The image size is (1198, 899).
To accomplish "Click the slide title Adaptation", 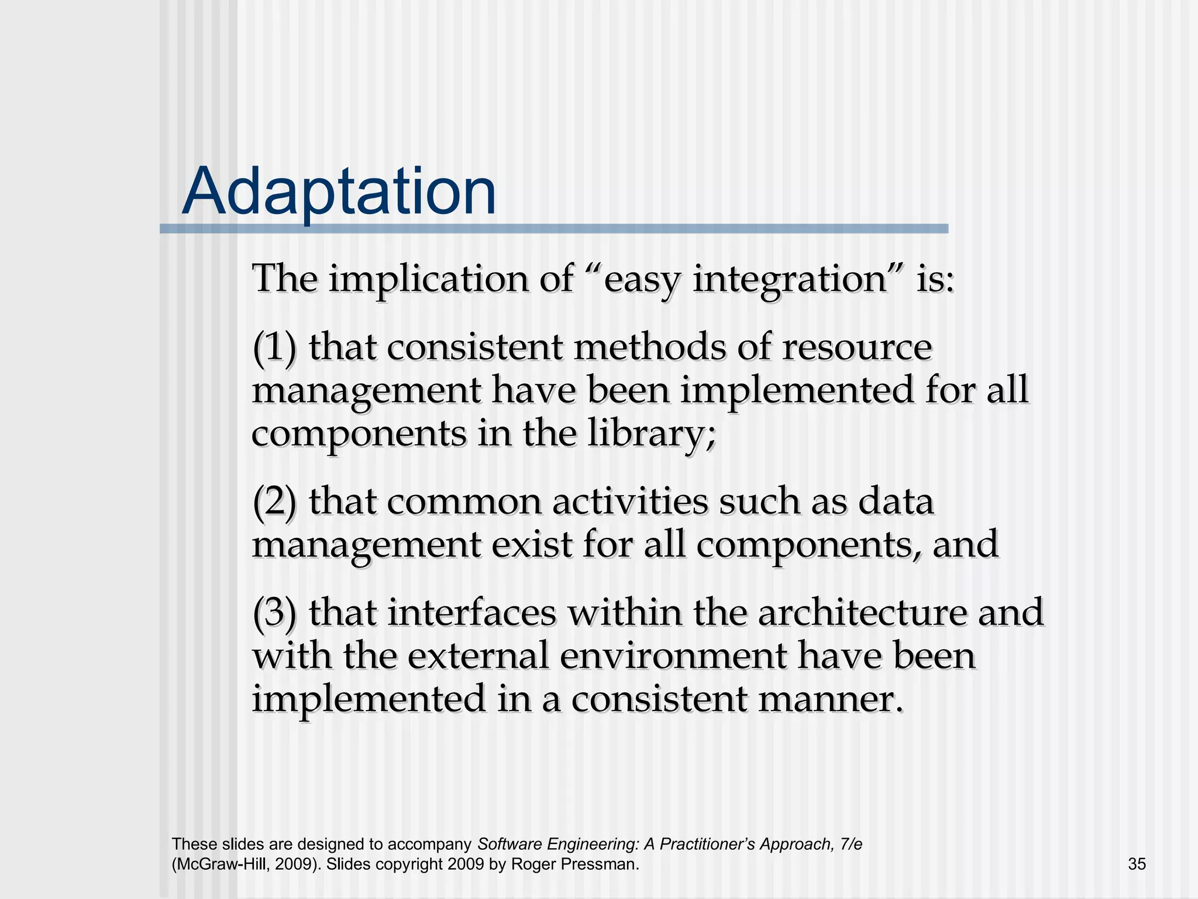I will click(339, 192).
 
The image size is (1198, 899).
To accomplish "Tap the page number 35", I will click(1137, 864).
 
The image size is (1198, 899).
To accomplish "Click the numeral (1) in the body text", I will click(274, 348).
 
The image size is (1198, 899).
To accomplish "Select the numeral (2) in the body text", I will click(274, 502).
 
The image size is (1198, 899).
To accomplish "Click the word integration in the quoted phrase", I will click(790, 279).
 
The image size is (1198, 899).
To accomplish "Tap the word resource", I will click(856, 348).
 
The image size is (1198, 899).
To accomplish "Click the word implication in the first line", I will click(427, 279).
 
